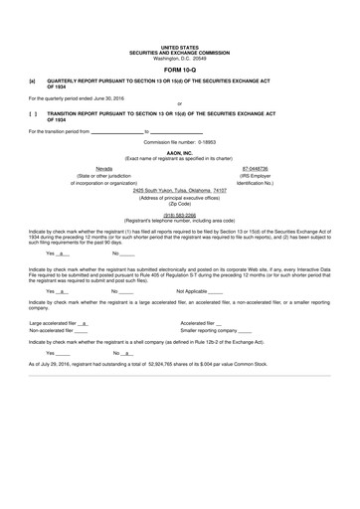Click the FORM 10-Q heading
[x=179, y=71]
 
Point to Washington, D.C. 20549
[x=179, y=58]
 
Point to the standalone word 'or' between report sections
[x=179, y=105]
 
